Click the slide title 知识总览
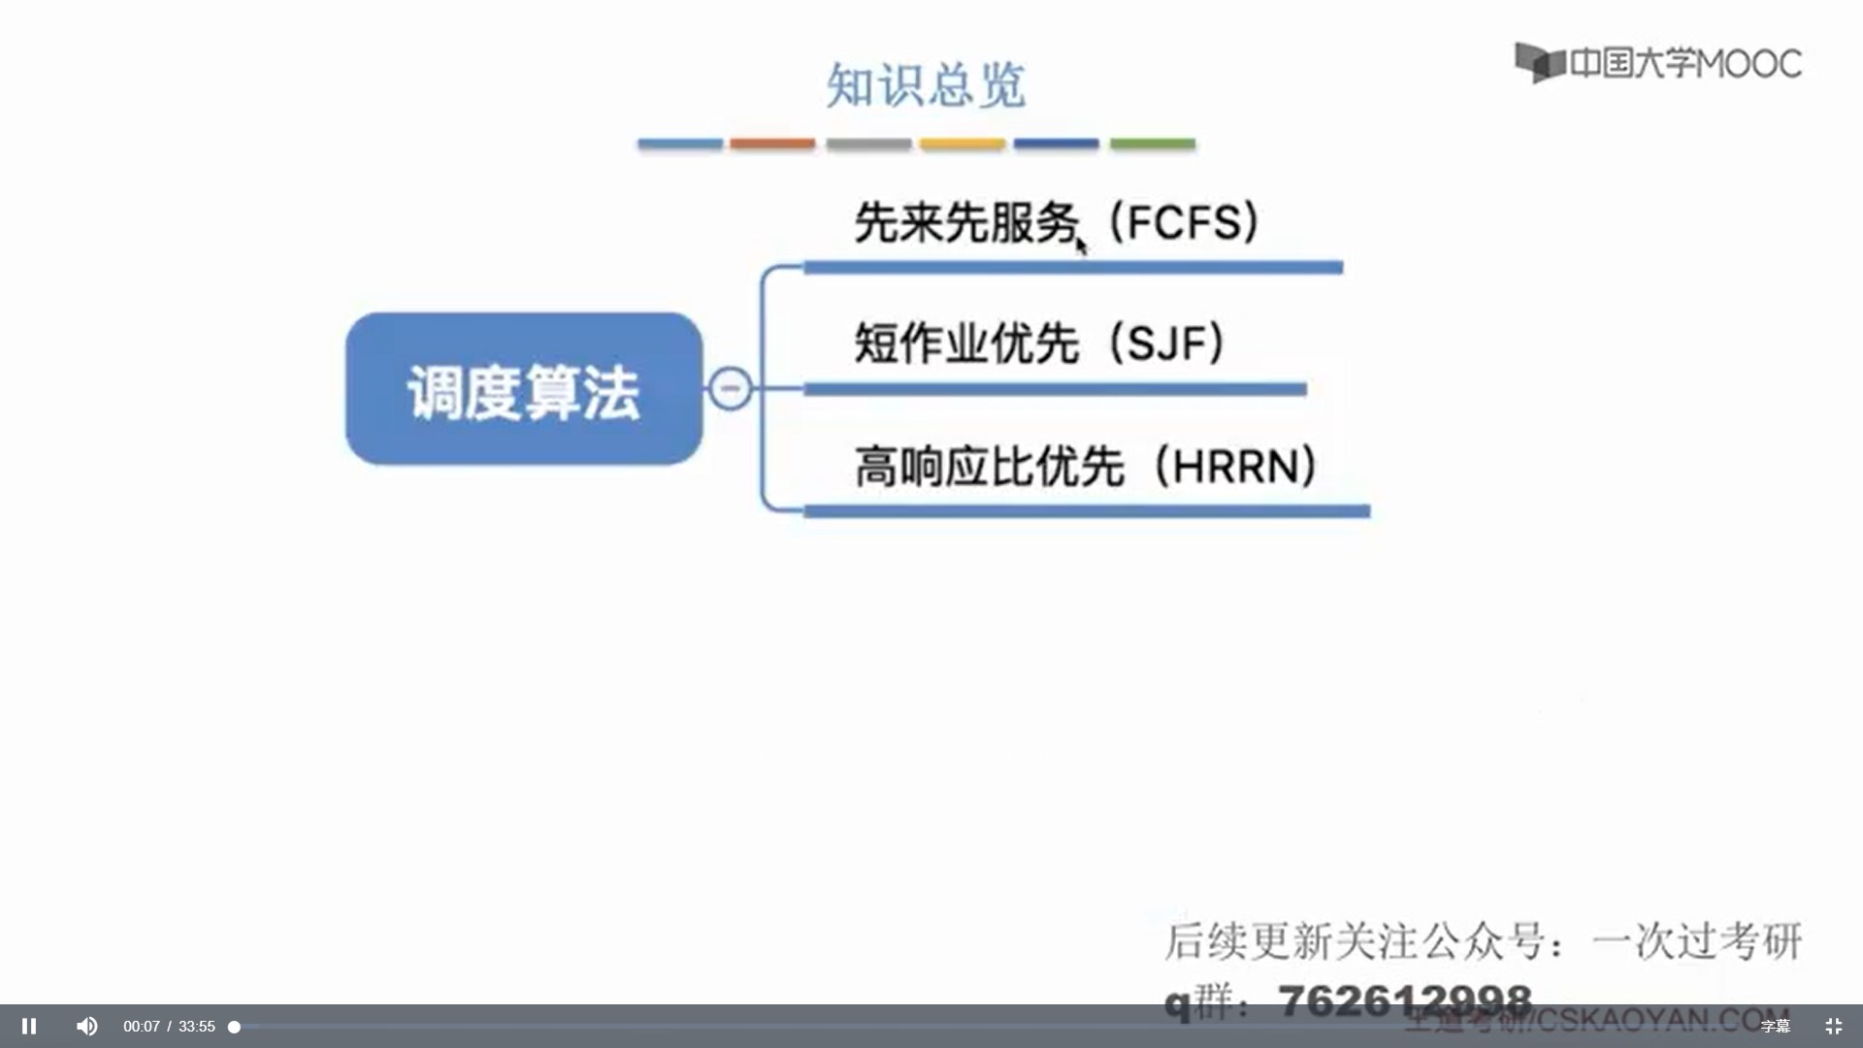925,85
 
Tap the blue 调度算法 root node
524,389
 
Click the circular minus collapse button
730,388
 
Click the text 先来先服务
965,222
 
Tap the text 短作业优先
965,344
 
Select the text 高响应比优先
988,467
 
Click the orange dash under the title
772,144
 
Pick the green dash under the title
1152,144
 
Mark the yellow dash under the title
963,144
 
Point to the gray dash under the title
868,144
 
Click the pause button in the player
29,1026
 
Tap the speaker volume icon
86,1026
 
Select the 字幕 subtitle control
1775,1026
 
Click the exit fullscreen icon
1833,1026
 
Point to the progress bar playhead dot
234,1027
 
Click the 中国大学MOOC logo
1658,63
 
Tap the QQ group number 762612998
1405,999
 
